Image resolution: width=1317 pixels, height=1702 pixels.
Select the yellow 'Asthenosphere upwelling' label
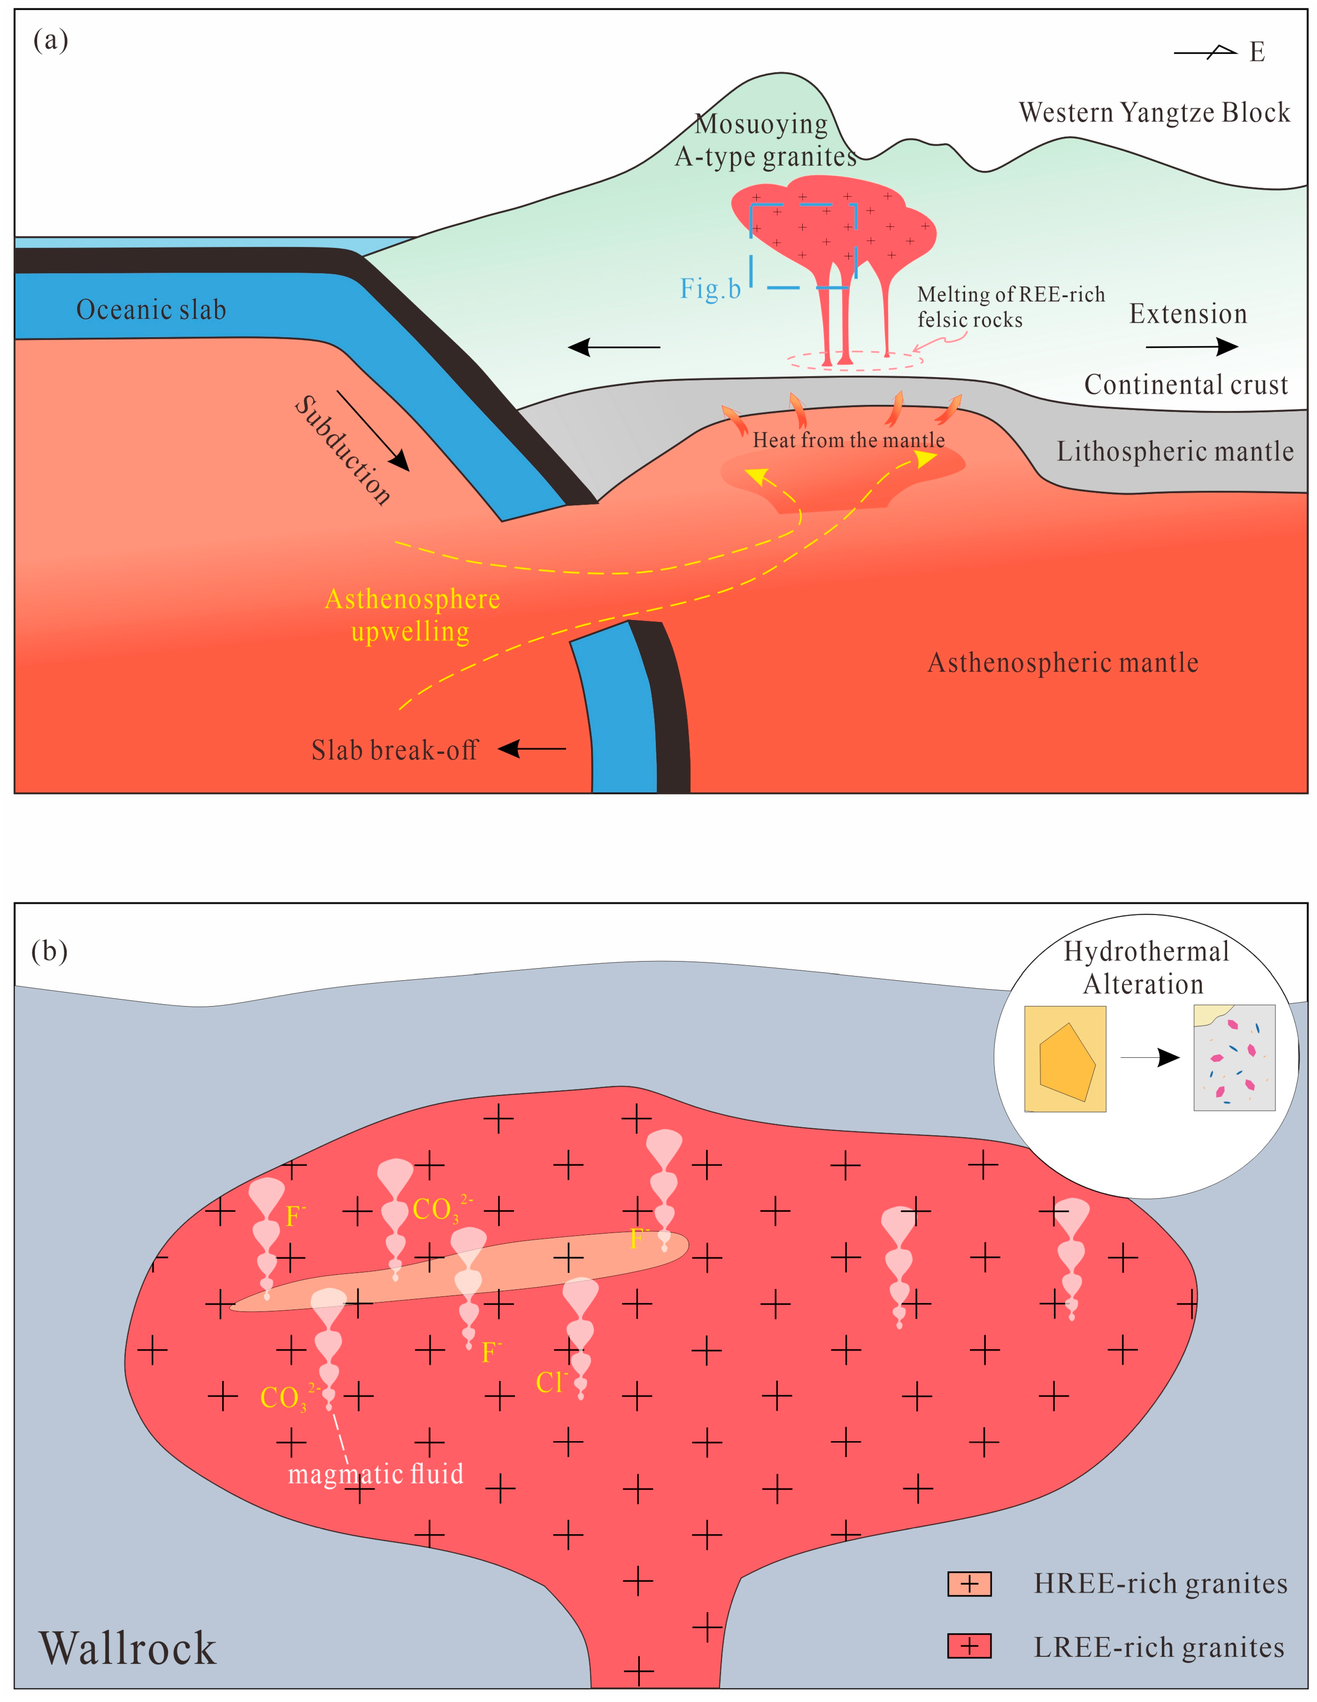[x=412, y=615]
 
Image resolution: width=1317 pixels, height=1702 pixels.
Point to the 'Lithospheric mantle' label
[x=1174, y=451]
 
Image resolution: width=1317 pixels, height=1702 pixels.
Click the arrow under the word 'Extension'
[x=1192, y=347]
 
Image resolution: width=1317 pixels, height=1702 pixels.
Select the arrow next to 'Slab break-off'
[x=532, y=749]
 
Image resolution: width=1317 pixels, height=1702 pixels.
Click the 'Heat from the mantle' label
[x=848, y=440]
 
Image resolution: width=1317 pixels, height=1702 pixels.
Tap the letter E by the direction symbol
[x=1256, y=52]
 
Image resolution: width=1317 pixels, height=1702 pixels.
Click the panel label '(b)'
[x=49, y=951]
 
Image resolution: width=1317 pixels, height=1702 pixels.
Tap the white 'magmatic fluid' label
[x=375, y=1474]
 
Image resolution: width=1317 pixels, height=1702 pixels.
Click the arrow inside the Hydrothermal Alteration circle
[x=1150, y=1057]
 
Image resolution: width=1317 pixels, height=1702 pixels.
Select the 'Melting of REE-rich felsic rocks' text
[x=1010, y=307]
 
